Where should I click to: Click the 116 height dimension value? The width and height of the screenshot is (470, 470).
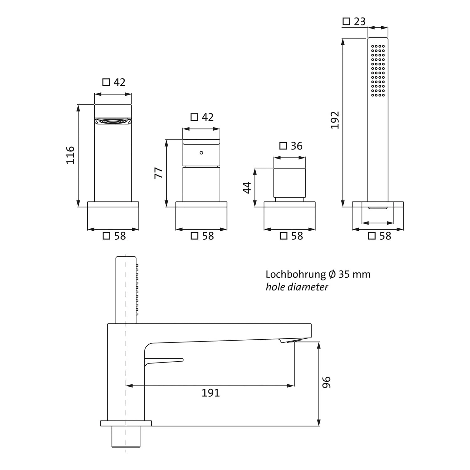click(70, 155)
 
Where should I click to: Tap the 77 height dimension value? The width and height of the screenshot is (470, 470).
click(159, 173)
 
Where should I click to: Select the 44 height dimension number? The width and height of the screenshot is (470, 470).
click(247, 187)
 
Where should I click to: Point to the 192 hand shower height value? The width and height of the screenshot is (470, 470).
click(335, 120)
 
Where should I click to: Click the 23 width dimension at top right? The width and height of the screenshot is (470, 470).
click(360, 22)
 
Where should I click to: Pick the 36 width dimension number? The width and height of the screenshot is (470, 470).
click(296, 146)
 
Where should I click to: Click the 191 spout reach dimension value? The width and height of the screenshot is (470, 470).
click(211, 393)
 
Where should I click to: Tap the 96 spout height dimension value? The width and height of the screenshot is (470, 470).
click(326, 382)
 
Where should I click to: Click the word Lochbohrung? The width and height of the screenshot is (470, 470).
click(296, 274)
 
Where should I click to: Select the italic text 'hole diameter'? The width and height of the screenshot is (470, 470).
click(297, 287)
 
